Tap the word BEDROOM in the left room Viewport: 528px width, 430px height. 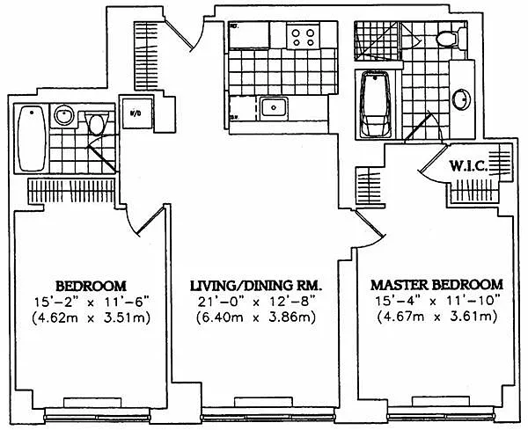(92, 285)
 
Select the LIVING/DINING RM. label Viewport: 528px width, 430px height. (257, 285)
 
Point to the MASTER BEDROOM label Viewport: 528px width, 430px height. (436, 285)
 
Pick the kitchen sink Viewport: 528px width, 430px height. (273, 108)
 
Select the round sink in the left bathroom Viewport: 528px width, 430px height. (64, 115)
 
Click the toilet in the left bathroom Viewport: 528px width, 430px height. (97, 122)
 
